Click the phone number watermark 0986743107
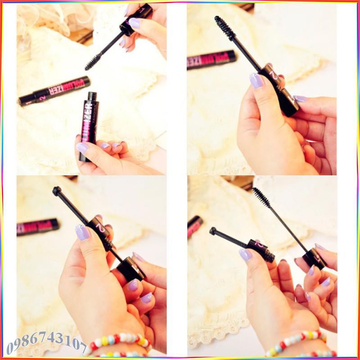tap(47, 343)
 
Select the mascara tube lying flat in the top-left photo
tap(54, 90)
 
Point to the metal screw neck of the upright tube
tap(92, 96)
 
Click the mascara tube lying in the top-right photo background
tap(211, 59)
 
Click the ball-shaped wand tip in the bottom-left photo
tap(57, 191)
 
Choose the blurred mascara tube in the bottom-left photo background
tap(38, 226)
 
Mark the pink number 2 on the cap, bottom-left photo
tap(100, 228)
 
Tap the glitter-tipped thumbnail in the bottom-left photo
tap(82, 232)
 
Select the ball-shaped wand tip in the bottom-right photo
tap(213, 231)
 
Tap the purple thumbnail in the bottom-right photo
tap(245, 255)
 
